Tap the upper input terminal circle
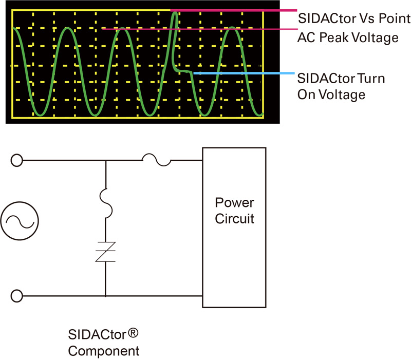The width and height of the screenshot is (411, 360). click(17, 160)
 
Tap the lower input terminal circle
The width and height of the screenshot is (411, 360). click(17, 296)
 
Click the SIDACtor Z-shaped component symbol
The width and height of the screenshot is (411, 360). click(105, 252)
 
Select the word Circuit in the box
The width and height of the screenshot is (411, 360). click(234, 219)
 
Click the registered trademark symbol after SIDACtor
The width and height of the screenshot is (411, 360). click(133, 334)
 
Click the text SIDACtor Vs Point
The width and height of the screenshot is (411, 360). click(354, 19)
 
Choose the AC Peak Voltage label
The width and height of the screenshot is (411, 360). click(348, 37)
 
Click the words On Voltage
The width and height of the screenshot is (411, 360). click(331, 94)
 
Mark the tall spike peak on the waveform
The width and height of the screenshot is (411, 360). click(175, 12)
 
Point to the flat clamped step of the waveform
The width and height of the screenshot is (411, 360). click(184, 71)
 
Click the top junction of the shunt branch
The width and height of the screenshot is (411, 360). click(105, 160)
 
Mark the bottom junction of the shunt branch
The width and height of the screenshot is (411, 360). click(105, 296)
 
